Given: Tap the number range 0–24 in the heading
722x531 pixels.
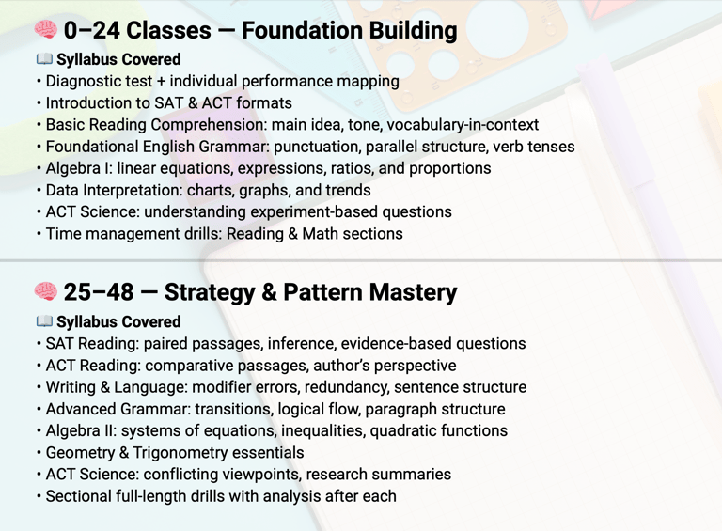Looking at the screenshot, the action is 91,30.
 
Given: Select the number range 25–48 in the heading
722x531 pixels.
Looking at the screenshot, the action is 99,292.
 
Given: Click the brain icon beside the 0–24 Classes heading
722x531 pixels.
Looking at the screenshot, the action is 46,30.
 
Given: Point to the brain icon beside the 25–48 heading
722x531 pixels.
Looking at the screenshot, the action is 46,291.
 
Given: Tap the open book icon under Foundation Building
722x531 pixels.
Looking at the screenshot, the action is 44,59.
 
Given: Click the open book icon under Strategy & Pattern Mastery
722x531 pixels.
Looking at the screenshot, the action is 44,321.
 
